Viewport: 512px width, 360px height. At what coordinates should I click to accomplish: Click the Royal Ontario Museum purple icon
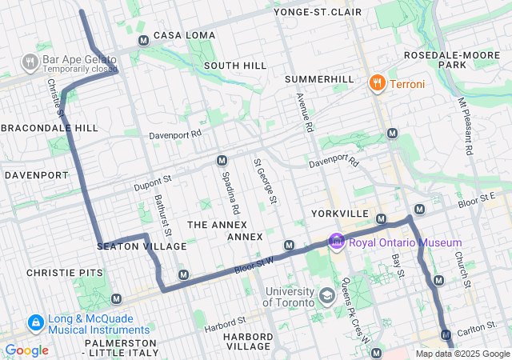(x=336, y=242)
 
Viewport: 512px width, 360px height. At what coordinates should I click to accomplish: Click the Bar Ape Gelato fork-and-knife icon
(x=30, y=62)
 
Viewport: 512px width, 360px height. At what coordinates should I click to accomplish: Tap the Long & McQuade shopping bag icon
(x=35, y=323)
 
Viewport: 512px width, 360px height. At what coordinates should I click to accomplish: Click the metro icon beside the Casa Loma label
(x=143, y=40)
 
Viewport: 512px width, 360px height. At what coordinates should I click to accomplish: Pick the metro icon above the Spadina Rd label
(x=222, y=161)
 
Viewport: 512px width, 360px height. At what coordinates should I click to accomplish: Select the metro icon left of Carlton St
(x=446, y=334)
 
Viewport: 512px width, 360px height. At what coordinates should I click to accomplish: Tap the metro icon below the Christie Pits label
(x=116, y=298)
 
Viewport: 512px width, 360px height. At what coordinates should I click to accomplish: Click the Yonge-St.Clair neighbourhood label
(x=318, y=12)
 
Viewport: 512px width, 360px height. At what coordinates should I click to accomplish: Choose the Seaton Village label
(x=142, y=246)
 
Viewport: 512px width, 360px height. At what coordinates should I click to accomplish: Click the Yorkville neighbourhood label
(x=339, y=214)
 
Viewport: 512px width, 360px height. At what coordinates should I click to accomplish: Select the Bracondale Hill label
(x=50, y=128)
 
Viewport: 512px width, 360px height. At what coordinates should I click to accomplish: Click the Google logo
(x=26, y=350)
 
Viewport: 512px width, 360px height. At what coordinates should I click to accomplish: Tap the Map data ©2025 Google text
(x=462, y=354)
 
